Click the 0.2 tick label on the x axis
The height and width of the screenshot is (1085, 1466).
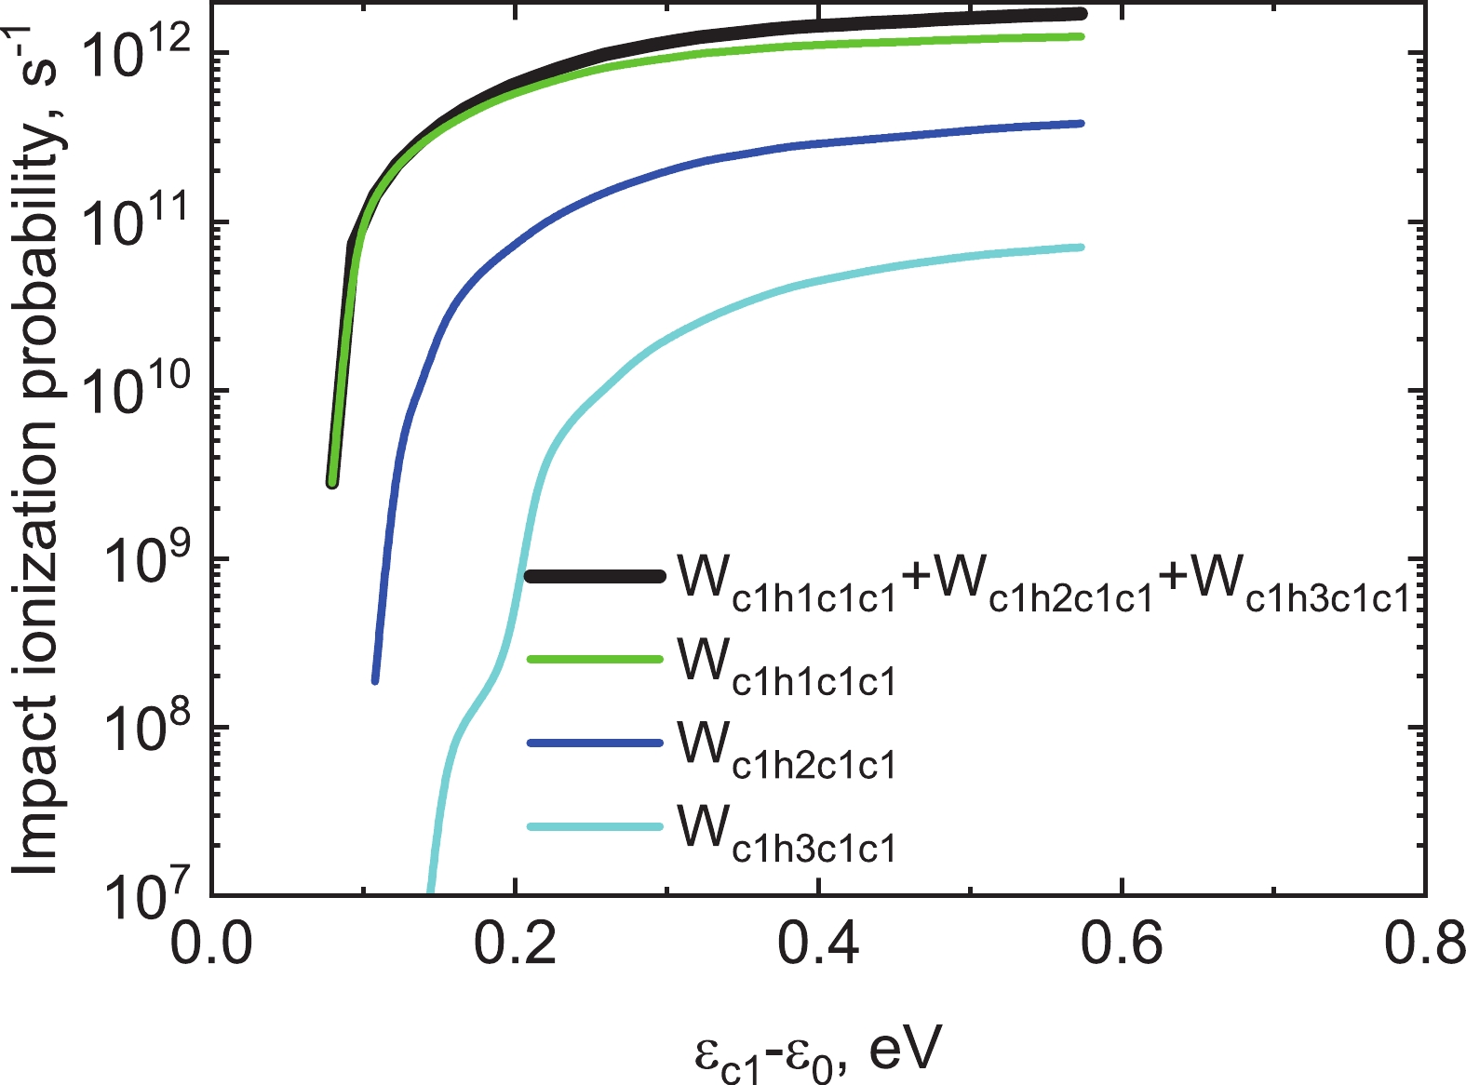tap(516, 946)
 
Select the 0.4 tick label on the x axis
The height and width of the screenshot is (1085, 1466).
tap(819, 946)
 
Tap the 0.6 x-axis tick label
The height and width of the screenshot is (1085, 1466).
tap(1123, 946)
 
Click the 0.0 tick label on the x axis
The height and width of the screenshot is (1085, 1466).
tap(212, 946)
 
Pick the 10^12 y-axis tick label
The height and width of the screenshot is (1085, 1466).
tap(139, 51)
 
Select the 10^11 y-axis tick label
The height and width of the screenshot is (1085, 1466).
tap(139, 221)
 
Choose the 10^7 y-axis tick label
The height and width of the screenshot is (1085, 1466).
tap(148, 894)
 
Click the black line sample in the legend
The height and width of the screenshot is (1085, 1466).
tap(596, 576)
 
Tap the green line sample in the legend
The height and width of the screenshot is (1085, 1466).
tap(596, 660)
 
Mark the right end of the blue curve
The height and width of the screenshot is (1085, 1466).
tap(1081, 123)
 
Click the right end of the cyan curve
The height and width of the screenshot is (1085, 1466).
tap(1081, 247)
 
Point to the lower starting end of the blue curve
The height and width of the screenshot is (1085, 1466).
tap(375, 680)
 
